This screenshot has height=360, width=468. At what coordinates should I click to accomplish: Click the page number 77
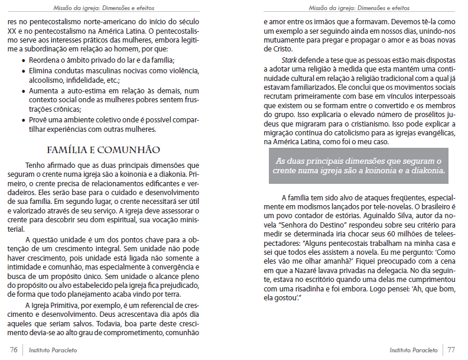tap(452, 350)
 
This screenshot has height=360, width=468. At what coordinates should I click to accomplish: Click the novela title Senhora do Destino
tap(300, 225)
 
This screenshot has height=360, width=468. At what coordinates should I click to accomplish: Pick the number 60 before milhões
tap(371, 233)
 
